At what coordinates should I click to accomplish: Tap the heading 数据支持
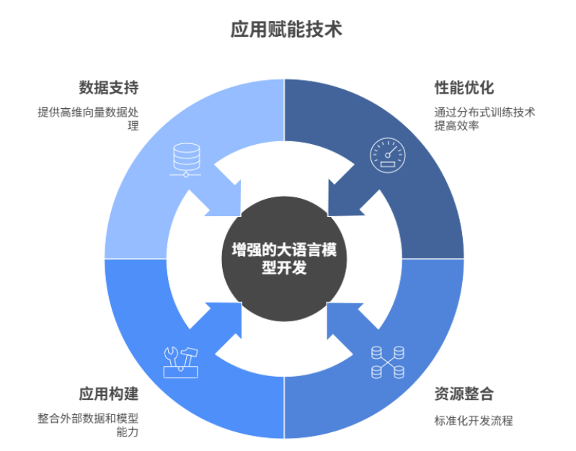click(x=108, y=88)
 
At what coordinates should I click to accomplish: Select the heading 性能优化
click(x=464, y=88)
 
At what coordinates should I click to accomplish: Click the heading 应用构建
click(x=108, y=394)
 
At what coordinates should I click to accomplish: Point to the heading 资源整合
click(x=464, y=394)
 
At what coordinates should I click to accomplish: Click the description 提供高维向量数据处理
click(x=88, y=119)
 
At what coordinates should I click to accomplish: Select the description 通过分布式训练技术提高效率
click(x=484, y=119)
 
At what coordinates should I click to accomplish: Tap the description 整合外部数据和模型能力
click(x=88, y=424)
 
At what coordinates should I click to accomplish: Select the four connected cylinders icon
click(x=387, y=362)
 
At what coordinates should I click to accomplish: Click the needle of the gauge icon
click(x=389, y=152)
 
